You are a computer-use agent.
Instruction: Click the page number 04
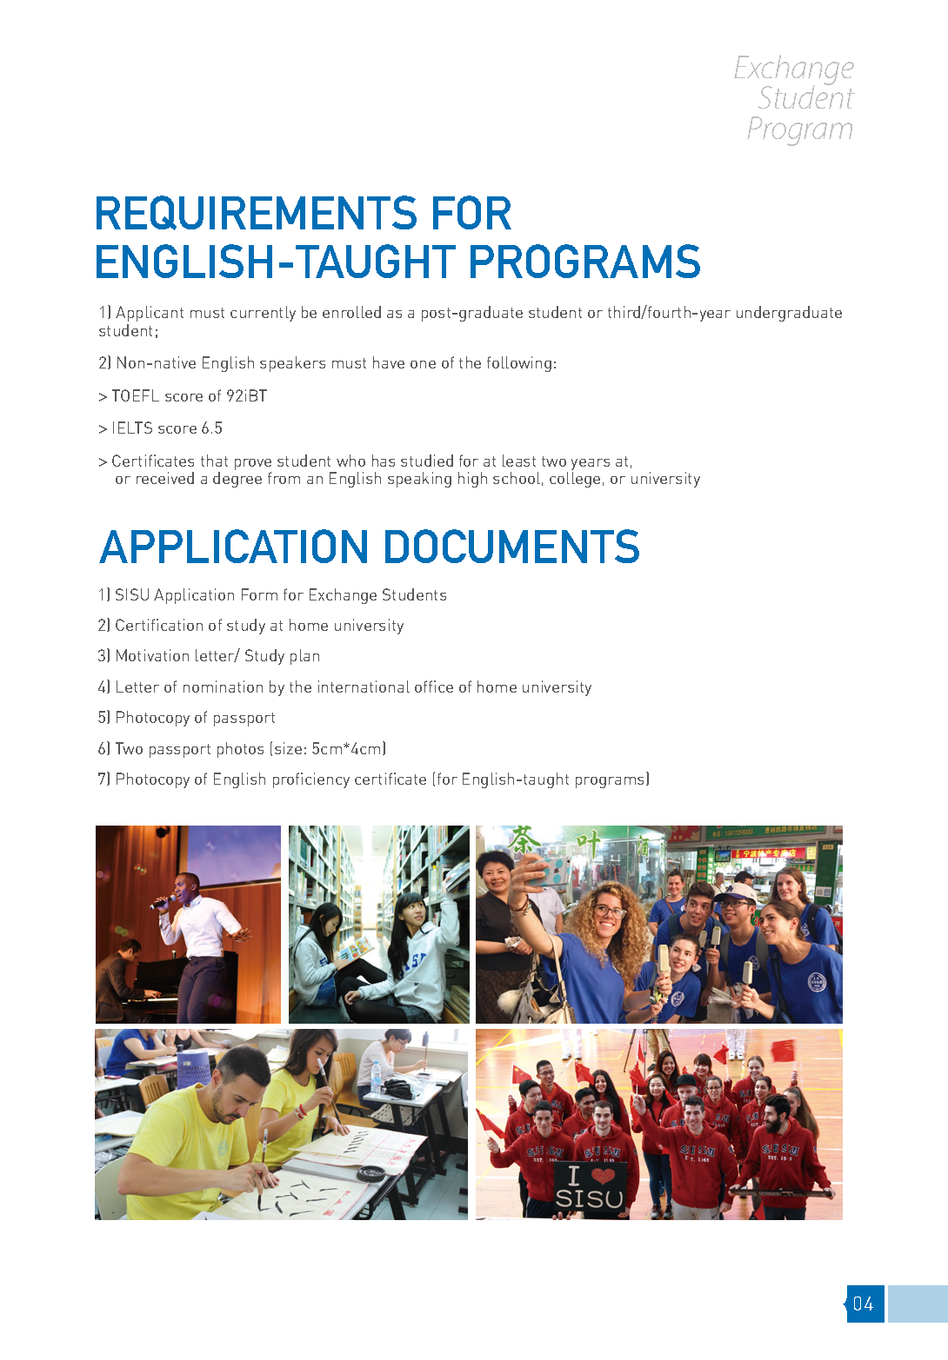click(x=864, y=1304)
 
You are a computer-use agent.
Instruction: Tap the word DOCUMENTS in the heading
click(x=511, y=547)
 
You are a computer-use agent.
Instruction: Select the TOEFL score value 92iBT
click(x=246, y=396)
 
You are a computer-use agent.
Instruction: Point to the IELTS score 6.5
click(x=212, y=428)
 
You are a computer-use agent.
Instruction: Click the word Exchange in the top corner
click(x=793, y=68)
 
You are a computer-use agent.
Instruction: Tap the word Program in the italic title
click(x=799, y=129)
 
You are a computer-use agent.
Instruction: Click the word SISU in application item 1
click(x=132, y=595)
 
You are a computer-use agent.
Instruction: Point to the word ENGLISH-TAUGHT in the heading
click(x=276, y=262)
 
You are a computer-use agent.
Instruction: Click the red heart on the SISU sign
click(x=603, y=1176)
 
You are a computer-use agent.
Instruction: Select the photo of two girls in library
click(x=378, y=924)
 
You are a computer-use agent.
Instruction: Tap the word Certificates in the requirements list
click(x=152, y=461)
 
